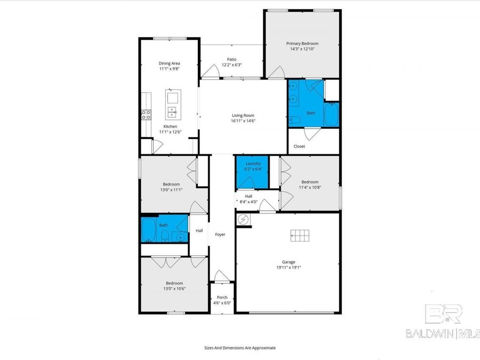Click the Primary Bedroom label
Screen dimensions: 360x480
click(302, 43)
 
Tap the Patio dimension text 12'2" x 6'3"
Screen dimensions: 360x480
click(231, 65)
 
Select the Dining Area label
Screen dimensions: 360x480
click(169, 63)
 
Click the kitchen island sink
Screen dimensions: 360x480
click(173, 112)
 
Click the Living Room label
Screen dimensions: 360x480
click(243, 115)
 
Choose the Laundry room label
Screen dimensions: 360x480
click(253, 163)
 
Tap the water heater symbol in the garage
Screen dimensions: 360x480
click(244, 219)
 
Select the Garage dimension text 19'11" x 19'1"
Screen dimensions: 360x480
click(289, 268)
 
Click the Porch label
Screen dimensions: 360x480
click(222, 297)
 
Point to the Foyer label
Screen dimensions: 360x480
click(220, 234)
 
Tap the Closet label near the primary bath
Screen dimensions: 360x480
click(299, 146)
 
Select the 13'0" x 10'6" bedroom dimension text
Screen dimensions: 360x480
click(174, 289)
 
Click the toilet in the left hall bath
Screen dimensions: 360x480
click(165, 236)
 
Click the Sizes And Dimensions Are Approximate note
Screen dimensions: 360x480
click(240, 347)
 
